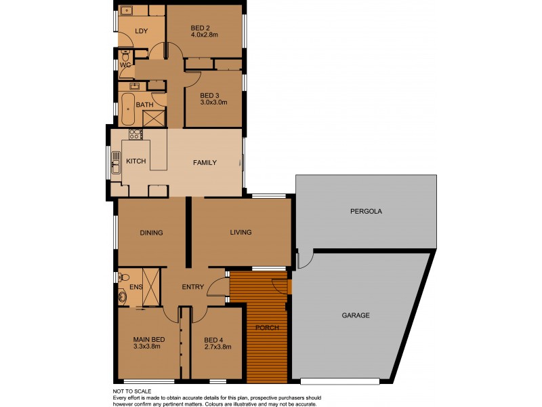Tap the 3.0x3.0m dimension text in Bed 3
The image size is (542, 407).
(213, 102)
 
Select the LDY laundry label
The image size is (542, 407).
(141, 31)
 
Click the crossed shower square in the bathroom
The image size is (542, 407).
(154, 118)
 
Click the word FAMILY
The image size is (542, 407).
(205, 163)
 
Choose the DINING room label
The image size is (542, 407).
(151, 233)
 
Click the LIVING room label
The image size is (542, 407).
(241, 233)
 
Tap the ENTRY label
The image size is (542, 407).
(193, 287)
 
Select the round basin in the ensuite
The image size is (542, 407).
(123, 296)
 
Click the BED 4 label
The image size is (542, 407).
(213, 338)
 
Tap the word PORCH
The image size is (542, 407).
(267, 328)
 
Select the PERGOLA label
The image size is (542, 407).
(366, 211)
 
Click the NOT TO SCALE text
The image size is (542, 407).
(132, 391)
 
